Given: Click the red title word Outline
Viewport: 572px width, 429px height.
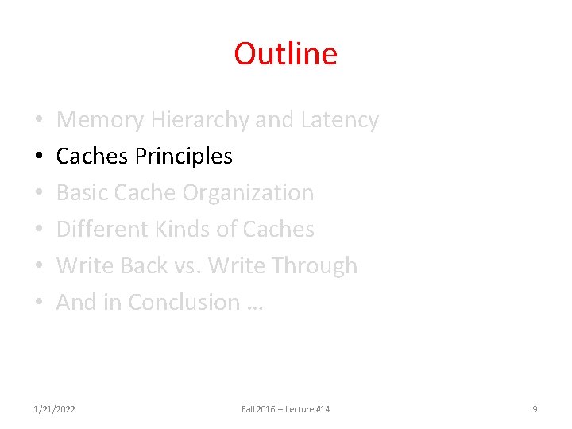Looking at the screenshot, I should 285,54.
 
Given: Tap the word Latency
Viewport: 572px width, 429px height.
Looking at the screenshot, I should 339,120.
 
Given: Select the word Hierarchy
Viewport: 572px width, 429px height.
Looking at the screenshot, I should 199,120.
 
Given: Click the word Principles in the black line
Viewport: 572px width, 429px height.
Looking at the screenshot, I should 184,157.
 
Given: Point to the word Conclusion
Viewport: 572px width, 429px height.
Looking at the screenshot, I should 184,303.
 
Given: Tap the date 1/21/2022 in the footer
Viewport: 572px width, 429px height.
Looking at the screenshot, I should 55,409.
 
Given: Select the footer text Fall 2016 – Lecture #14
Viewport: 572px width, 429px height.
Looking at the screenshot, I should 285,409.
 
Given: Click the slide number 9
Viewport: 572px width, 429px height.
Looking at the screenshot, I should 535,409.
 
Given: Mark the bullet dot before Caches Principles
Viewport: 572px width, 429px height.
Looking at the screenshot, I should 38,157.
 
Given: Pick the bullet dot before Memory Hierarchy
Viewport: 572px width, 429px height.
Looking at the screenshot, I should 38,121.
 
